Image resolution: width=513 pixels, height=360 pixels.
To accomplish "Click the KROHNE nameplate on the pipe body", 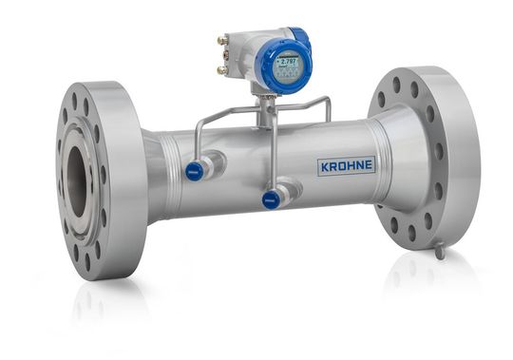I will (x=346, y=166).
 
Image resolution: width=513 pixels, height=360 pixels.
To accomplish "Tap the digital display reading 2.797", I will (x=285, y=68).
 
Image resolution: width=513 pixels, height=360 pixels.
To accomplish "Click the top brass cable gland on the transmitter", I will (x=222, y=41).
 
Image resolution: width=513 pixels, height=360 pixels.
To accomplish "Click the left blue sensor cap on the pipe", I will (x=194, y=171).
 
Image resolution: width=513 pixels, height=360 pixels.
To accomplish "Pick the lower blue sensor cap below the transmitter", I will (x=271, y=199).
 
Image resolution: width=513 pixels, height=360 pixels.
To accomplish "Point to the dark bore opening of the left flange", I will (x=75, y=180).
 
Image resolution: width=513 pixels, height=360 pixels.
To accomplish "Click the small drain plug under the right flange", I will (x=439, y=251).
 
